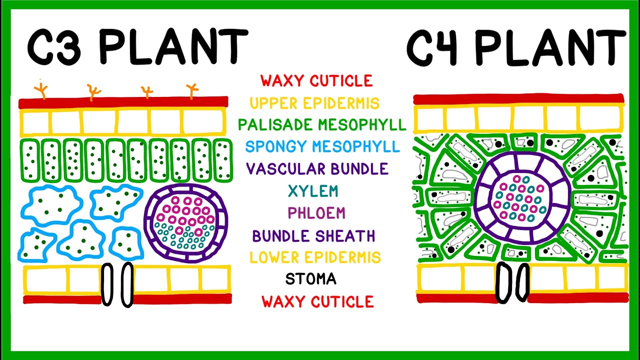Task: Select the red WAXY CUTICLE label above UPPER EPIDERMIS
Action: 316,81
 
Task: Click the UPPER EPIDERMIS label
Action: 314,103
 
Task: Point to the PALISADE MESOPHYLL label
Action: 322,124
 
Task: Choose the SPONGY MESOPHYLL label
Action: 322,146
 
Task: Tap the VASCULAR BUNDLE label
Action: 317,168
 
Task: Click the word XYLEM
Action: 313,190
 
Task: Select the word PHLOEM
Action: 316,213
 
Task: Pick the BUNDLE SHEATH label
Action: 313,235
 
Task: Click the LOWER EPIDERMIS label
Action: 315,257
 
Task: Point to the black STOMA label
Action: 310,279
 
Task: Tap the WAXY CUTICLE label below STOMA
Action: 317,301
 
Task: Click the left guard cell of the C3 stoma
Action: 107,284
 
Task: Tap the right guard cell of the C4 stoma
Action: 523,282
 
